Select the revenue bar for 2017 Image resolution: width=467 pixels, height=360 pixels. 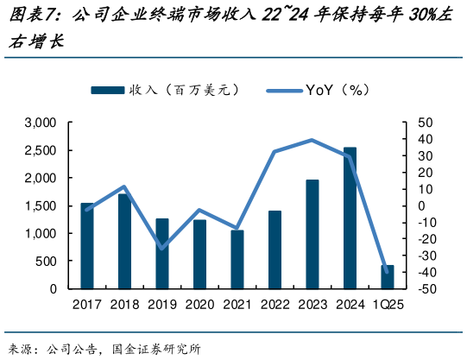pos(87,245)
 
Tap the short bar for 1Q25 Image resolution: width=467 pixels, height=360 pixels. pos(388,276)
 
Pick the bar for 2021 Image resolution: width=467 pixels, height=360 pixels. pos(237,259)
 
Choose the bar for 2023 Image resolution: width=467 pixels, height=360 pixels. pos(312,234)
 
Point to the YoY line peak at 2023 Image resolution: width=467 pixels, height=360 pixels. pos(312,140)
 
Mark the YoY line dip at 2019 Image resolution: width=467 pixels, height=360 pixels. pos(162,249)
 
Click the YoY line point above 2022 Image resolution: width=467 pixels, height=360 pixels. pos(275,152)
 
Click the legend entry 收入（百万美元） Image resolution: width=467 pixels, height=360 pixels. pos(164,89)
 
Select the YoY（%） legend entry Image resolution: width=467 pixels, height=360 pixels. pos(319,89)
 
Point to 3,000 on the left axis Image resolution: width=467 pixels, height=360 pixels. pos(41,123)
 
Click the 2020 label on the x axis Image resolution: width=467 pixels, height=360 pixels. pos(199,305)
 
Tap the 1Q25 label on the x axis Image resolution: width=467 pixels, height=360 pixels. pos(388,305)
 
